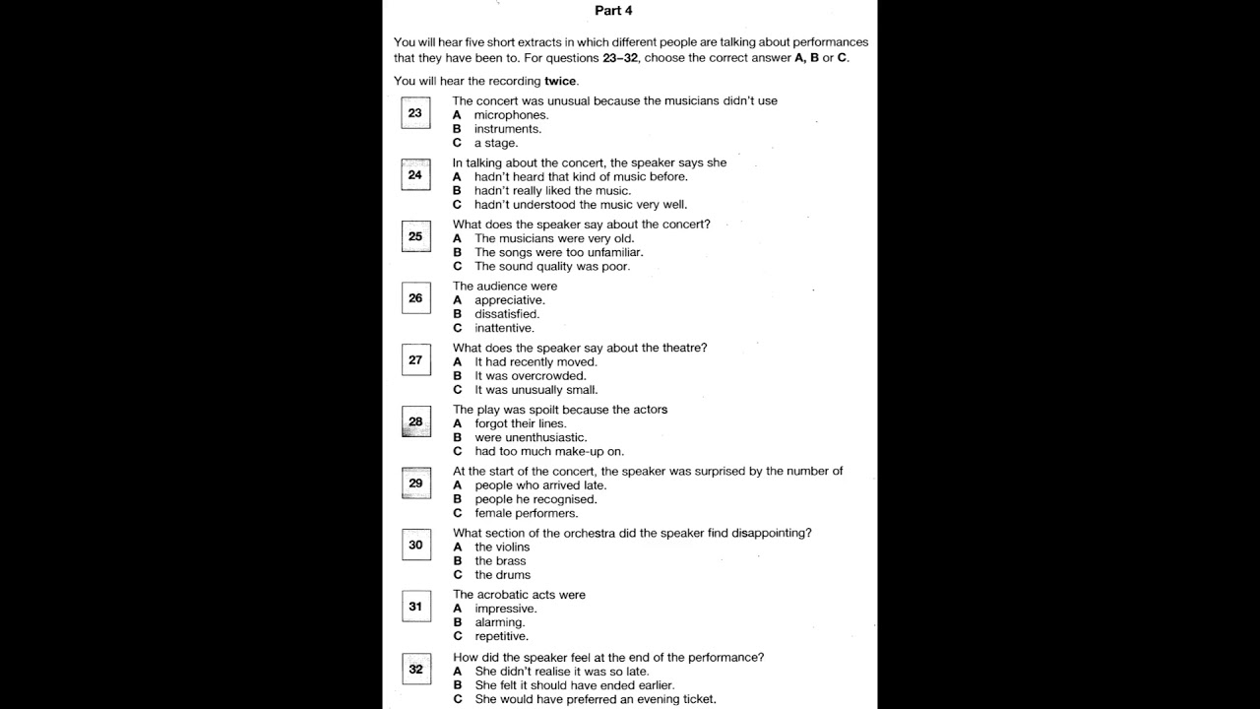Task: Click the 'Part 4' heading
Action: tap(613, 11)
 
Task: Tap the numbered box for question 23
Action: tap(415, 113)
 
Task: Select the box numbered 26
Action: tap(415, 298)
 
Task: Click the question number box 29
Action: tap(415, 483)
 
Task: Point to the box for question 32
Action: tap(415, 670)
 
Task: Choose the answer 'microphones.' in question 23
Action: tap(511, 115)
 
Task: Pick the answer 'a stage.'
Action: tap(495, 143)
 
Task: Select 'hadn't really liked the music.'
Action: tap(552, 191)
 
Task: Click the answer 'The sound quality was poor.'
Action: tap(551, 266)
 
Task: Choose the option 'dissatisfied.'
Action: tap(507, 314)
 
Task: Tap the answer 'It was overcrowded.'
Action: tap(530, 376)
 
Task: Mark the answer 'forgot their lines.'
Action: tap(520, 423)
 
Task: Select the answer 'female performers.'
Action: tap(526, 513)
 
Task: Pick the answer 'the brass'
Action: tap(500, 561)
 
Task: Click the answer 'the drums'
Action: tap(502, 575)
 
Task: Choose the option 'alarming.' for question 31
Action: tap(499, 622)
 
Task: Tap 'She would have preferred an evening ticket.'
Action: tap(595, 699)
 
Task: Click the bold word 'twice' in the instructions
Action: tap(560, 81)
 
